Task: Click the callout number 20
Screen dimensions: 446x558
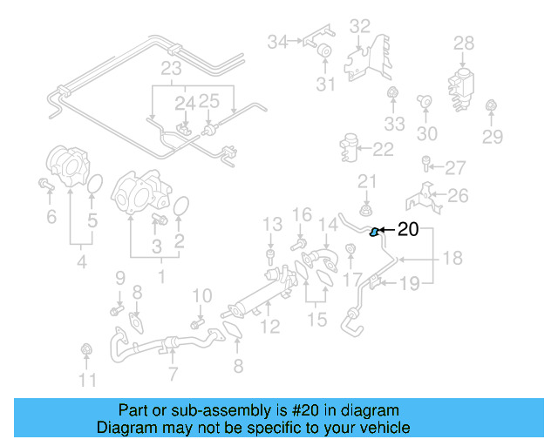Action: point(408,230)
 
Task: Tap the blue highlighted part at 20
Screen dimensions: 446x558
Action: point(375,232)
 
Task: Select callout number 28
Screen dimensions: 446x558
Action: point(464,43)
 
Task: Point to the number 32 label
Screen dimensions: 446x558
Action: point(360,26)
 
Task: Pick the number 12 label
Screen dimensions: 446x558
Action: point(271,327)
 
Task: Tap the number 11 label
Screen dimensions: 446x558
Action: point(87,380)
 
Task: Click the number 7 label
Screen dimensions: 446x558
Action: point(173,375)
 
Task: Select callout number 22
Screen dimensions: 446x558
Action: point(384,150)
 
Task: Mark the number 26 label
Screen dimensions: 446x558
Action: point(459,197)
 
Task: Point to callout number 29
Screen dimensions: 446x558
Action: point(493,136)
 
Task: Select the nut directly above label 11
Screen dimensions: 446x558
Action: point(86,350)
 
